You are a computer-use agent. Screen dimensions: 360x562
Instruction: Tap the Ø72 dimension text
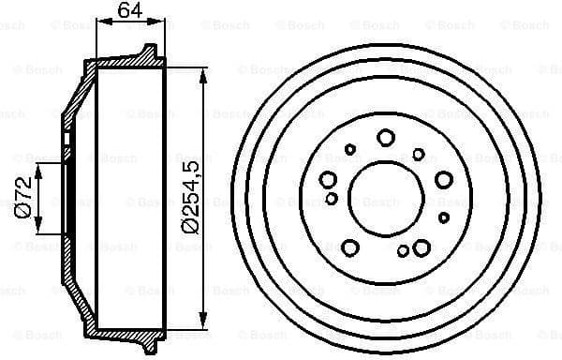click(x=24, y=197)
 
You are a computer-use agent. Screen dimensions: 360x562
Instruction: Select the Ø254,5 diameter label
click(x=191, y=198)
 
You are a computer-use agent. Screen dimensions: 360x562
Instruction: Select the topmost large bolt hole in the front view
click(x=385, y=138)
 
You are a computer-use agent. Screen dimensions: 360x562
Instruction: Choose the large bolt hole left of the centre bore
click(x=328, y=179)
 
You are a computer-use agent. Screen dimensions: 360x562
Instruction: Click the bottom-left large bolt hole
click(x=350, y=247)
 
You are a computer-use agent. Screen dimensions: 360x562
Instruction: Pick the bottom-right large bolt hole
click(x=421, y=247)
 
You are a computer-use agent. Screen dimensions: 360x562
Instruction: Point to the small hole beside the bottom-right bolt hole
click(x=403, y=250)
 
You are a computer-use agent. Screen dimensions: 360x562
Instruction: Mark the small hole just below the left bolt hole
click(x=332, y=198)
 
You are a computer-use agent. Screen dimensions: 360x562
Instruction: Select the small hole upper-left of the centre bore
click(x=350, y=148)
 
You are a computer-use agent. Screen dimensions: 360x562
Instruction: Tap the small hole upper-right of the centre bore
click(x=419, y=153)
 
